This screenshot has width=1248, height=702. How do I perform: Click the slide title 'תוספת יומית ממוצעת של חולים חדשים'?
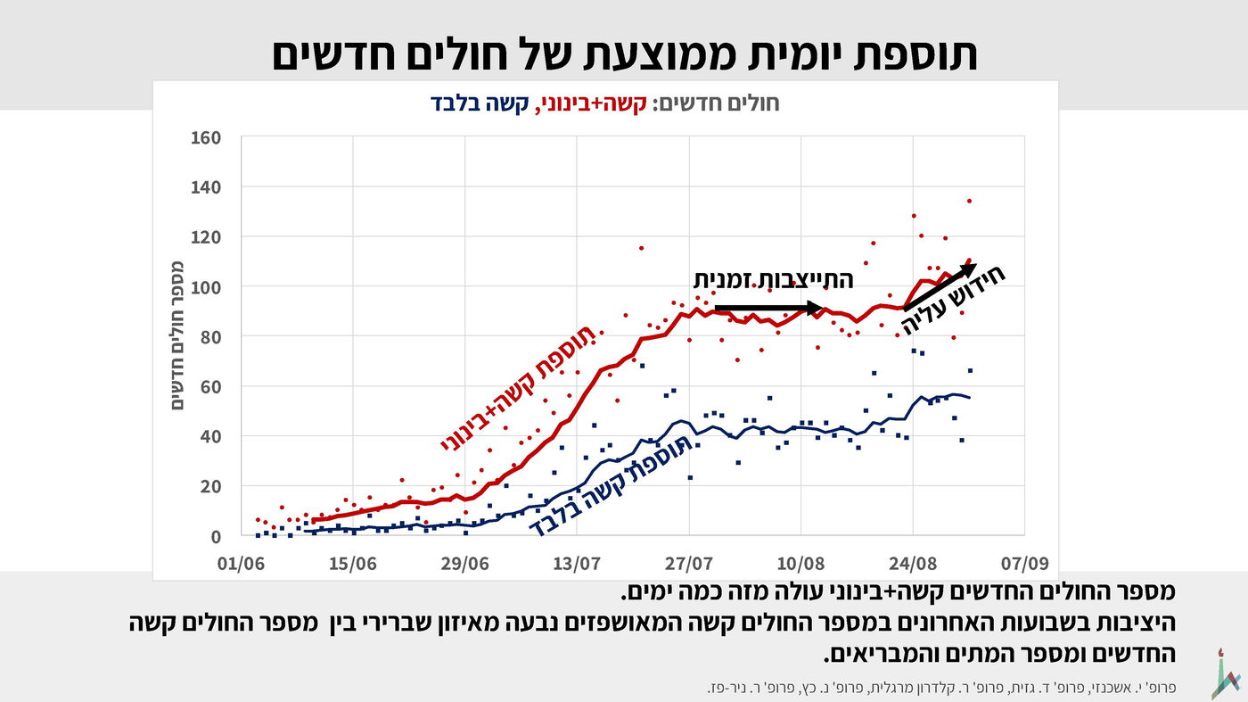(624, 54)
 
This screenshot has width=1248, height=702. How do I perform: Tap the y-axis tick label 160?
(204, 137)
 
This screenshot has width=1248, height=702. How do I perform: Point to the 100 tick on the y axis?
(204, 287)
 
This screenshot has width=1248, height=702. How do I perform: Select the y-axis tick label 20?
(209, 487)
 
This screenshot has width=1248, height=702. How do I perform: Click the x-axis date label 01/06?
(241, 565)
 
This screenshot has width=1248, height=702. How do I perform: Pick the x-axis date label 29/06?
(465, 565)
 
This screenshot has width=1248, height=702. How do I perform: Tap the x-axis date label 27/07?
(689, 565)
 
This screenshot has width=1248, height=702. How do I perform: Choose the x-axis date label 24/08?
(913, 565)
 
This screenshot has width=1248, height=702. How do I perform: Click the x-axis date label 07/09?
(1024, 565)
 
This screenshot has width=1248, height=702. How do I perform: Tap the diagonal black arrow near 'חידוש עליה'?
(940, 287)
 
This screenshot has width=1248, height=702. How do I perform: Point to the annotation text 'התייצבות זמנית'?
(773, 280)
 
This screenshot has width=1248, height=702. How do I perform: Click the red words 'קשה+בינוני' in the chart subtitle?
(593, 103)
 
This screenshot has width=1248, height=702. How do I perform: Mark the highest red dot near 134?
(969, 201)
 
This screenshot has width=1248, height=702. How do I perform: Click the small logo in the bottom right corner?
(1226, 673)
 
